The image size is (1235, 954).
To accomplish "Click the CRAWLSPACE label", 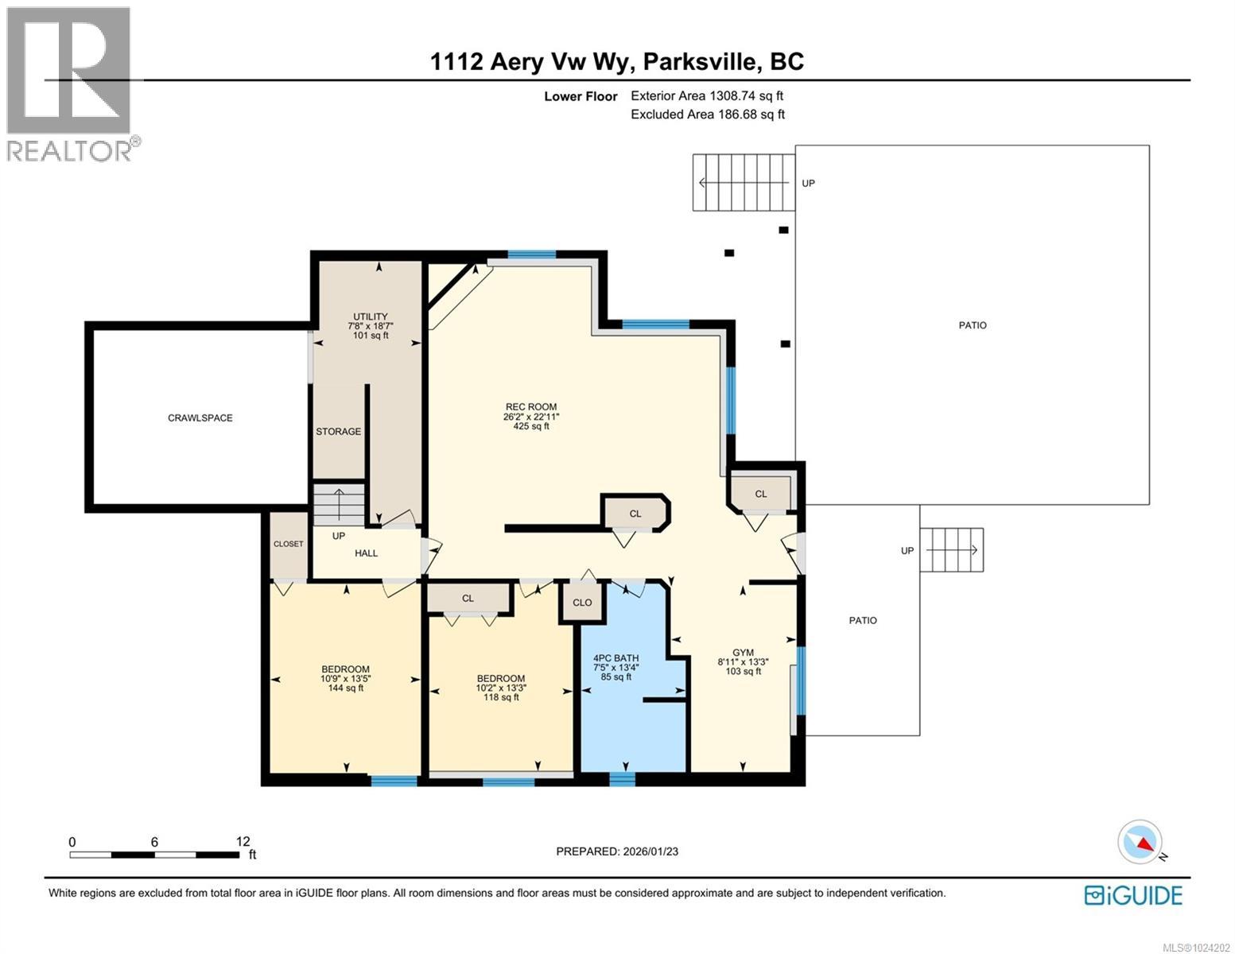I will coord(200,417).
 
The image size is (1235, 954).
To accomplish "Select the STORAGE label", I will coord(338,432).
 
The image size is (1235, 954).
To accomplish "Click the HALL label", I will coord(366,553).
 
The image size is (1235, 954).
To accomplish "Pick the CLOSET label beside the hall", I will coord(288,545).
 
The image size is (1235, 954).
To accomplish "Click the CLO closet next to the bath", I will coord(582,603).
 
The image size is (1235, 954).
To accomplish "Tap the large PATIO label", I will coord(972,325).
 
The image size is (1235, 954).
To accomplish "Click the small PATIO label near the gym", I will coord(863,620).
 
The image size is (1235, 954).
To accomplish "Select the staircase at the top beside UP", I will coord(743,183).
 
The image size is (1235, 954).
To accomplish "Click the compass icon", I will coord(1140,843).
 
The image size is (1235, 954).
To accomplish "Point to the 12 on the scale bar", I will coord(243,841).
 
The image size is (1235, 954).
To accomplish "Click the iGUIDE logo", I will coord(1133,895).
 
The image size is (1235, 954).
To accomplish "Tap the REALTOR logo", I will coord(69,83).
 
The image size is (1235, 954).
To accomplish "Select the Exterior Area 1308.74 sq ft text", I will coord(706,95).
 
